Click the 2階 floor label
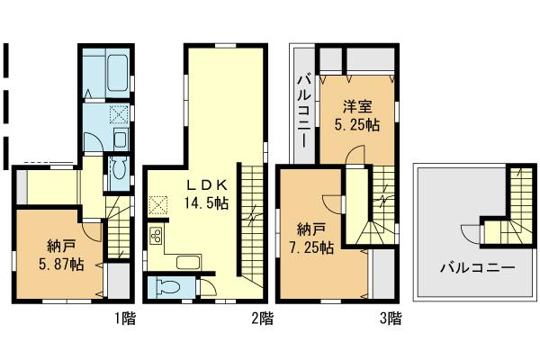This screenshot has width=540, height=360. tap(262, 317)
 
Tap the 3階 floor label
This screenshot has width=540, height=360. tap(391, 317)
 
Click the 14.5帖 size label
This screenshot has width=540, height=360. tap(207, 203)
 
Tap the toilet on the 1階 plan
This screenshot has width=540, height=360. tap(116, 173)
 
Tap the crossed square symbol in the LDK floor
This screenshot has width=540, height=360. tap(161, 205)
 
